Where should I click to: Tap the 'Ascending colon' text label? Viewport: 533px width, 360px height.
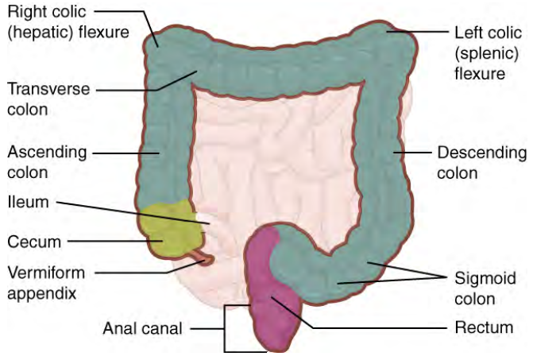pos(38,161)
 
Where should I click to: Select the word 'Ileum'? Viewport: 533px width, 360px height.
pos(28,203)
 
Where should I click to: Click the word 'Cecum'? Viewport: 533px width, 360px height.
pos(29,240)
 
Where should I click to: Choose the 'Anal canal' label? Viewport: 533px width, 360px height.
pos(143,327)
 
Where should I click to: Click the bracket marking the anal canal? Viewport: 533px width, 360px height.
pos(226,327)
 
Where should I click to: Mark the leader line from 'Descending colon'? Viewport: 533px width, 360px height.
pos(413,152)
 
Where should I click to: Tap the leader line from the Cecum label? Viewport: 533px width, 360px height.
pos(111,240)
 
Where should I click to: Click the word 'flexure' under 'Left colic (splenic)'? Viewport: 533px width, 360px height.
pos(481,74)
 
